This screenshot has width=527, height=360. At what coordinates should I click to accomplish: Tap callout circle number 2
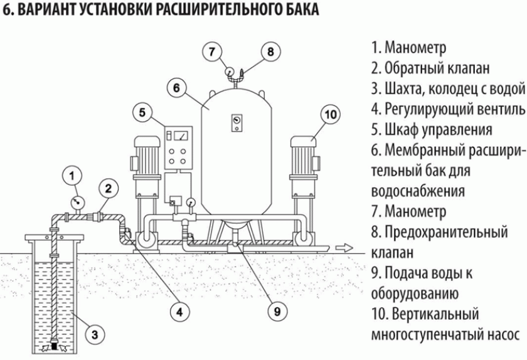[108, 188]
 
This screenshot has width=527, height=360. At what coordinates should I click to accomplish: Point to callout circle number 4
[179, 310]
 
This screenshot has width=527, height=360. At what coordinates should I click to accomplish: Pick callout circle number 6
[177, 88]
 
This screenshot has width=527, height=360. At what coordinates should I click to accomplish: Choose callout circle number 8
[270, 51]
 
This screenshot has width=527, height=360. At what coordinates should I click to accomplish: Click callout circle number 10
[331, 114]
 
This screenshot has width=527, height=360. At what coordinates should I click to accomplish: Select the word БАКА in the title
[299, 11]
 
